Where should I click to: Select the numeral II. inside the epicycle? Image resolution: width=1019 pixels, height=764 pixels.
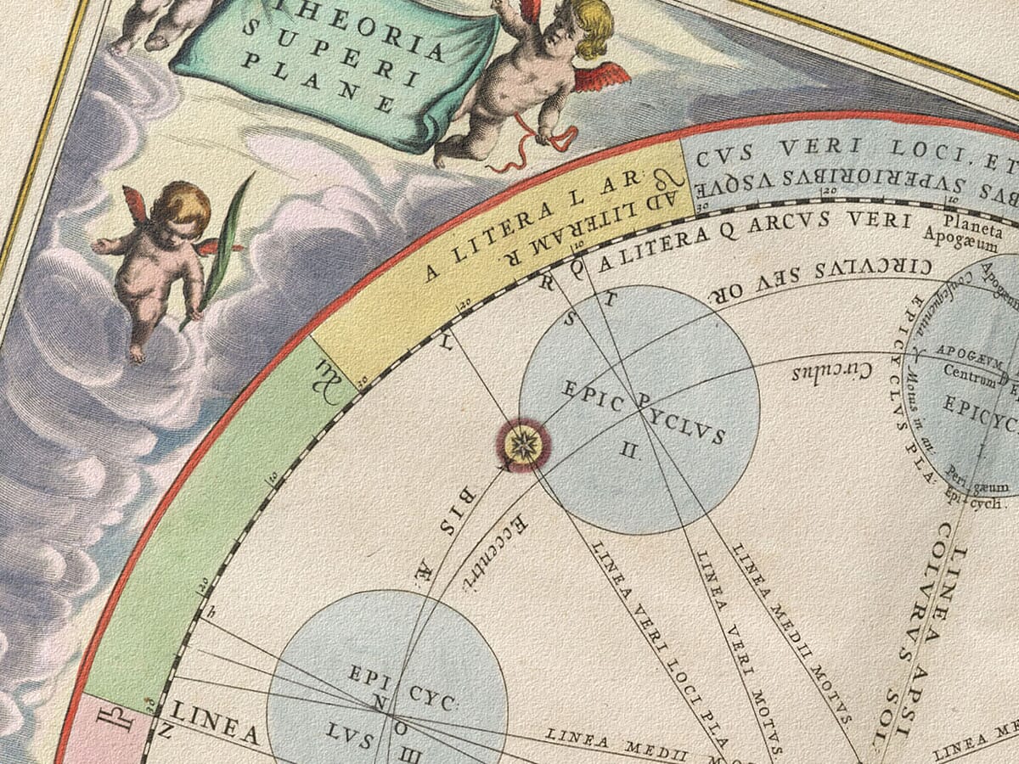click(x=629, y=451)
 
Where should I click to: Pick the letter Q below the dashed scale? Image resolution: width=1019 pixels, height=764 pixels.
click(x=577, y=267)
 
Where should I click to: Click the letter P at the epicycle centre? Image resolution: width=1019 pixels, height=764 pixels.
click(x=642, y=399)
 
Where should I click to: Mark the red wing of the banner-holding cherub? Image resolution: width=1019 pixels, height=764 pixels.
click(x=600, y=78)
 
